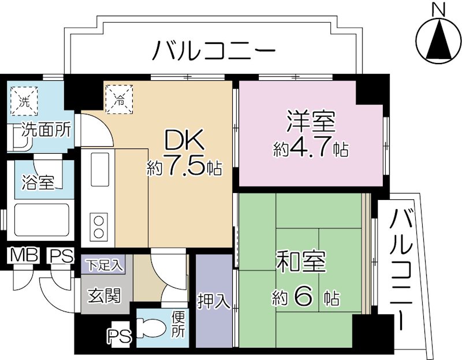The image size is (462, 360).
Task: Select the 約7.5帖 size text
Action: [x=185, y=168]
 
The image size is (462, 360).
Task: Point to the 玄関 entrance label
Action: [x=105, y=296]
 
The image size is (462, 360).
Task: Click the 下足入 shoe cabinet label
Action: [x=105, y=266]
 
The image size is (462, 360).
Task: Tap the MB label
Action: [x=21, y=255]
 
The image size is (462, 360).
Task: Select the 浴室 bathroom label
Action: [x=38, y=182]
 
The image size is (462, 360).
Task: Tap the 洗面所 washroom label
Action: [x=46, y=129]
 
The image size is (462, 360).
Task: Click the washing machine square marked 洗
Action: [x=24, y=99]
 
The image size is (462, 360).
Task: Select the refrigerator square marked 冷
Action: [x=118, y=97]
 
